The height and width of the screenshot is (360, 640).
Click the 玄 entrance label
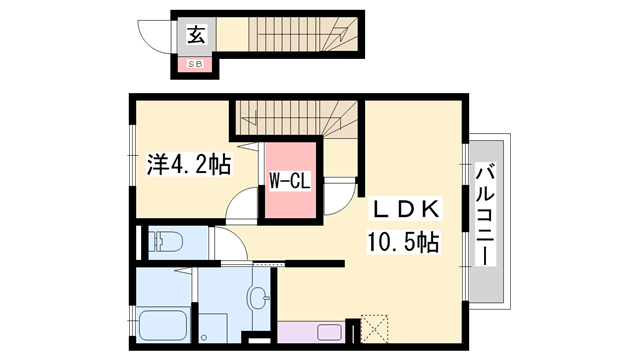click(x=196, y=34)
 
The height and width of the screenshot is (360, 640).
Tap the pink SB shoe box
click(x=195, y=64)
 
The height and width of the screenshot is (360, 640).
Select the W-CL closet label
click(x=290, y=181)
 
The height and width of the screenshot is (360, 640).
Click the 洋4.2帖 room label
click(x=189, y=164)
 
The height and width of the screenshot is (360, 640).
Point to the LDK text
click(x=404, y=209)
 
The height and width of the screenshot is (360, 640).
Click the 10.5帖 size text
click(x=403, y=242)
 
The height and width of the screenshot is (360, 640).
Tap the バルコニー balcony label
click(x=485, y=214)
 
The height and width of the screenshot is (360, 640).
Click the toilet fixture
click(x=165, y=241)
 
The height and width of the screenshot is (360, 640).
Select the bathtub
click(x=163, y=325)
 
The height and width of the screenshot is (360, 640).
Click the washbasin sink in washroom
click(x=258, y=298)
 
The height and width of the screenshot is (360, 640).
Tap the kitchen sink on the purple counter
click(x=329, y=332)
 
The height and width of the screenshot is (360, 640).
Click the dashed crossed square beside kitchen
click(x=374, y=329)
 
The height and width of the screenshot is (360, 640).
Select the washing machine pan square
click(x=213, y=328)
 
